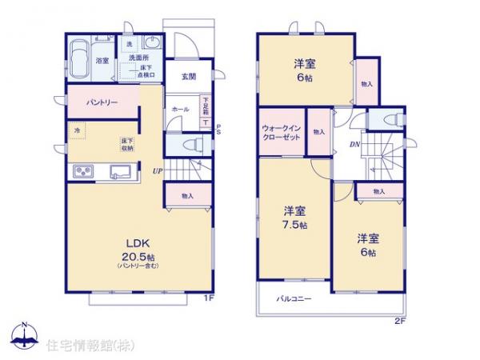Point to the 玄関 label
coord(188,77)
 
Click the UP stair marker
coord(158,170)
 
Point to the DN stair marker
coord(354,145)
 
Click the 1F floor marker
coord(207,298)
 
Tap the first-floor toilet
coord(189,144)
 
